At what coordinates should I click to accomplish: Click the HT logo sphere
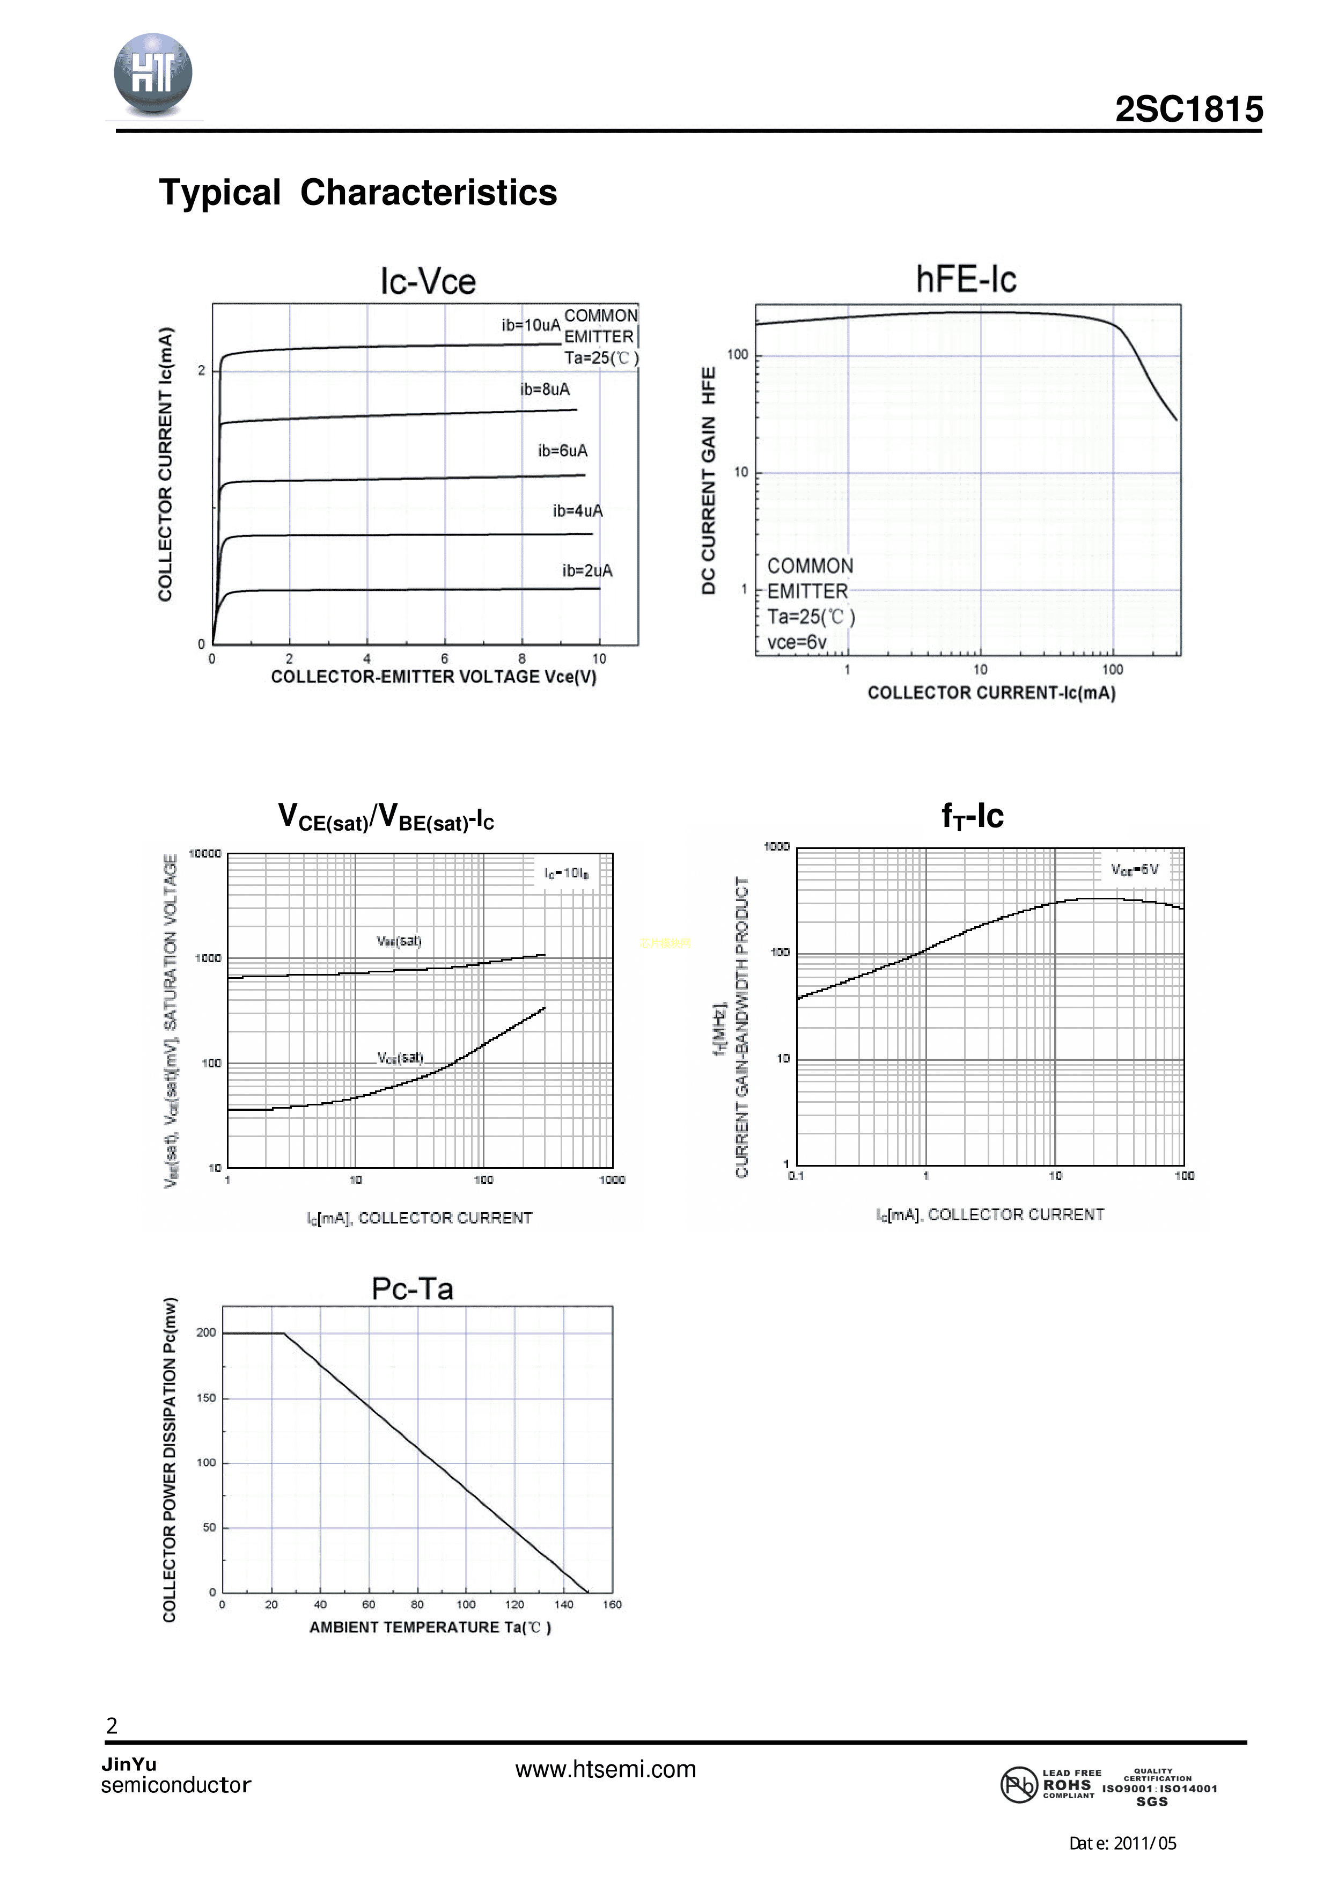click(153, 74)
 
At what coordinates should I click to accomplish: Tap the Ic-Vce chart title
click(427, 281)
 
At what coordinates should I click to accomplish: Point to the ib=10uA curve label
click(531, 325)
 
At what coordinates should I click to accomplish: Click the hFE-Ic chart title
click(966, 280)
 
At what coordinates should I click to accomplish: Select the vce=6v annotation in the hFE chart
click(796, 642)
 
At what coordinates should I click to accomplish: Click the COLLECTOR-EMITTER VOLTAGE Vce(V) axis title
click(434, 677)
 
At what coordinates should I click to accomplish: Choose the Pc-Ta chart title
click(413, 1289)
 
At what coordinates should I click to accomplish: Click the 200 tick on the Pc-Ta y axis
click(206, 1333)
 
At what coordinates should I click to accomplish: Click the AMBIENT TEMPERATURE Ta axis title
click(430, 1627)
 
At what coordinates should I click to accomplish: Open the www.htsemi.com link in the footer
click(605, 1769)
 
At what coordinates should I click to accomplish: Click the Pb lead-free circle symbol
click(1019, 1785)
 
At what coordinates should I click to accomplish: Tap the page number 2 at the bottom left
click(112, 1726)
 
